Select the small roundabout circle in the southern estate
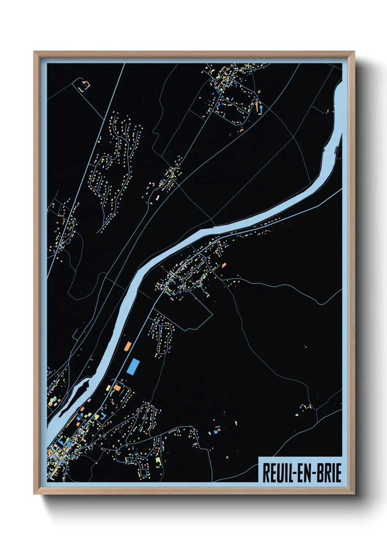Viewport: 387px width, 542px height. [136, 417]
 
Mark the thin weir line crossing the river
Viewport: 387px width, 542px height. [335, 149]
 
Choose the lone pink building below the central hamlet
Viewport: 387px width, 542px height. [157, 197]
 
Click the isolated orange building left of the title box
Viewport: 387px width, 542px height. [227, 457]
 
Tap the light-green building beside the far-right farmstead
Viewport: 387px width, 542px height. [297, 415]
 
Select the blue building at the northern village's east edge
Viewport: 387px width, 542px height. [261, 108]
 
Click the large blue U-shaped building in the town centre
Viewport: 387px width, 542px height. [103, 415]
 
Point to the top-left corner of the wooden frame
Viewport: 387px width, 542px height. [34, 52]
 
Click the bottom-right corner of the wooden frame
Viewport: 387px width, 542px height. [354, 494]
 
